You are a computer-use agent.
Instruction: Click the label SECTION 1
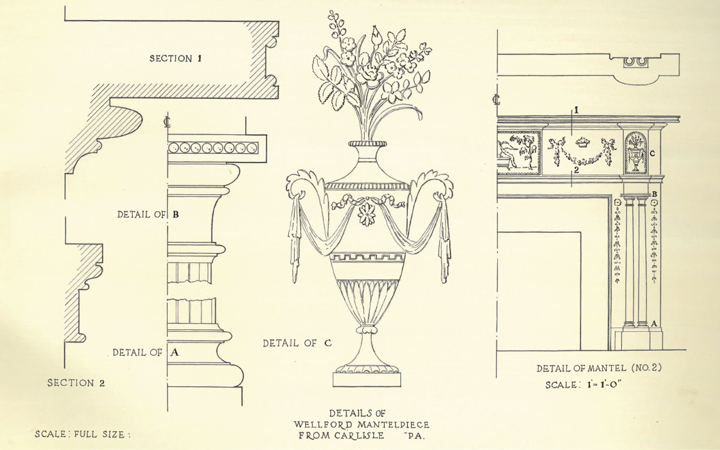point(175,59)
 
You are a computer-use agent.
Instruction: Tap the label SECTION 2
point(76,383)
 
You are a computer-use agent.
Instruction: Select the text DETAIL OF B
point(148,214)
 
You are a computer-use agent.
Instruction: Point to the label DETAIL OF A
point(146,352)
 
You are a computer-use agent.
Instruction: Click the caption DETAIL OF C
point(297,343)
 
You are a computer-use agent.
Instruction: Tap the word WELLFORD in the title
point(324,425)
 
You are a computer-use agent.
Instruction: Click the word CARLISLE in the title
point(359,436)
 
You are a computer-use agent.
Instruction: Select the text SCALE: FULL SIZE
point(83,434)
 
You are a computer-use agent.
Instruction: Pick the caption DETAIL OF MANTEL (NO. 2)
point(599,368)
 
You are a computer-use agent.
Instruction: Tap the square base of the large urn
point(367,380)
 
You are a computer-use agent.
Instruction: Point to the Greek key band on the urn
point(368,257)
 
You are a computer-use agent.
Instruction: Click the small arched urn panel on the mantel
point(636,153)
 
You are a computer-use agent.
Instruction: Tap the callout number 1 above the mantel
point(577,110)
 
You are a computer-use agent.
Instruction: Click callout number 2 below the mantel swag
point(577,170)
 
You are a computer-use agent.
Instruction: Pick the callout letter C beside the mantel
point(652,154)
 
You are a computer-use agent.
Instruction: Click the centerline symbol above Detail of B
point(167,122)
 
